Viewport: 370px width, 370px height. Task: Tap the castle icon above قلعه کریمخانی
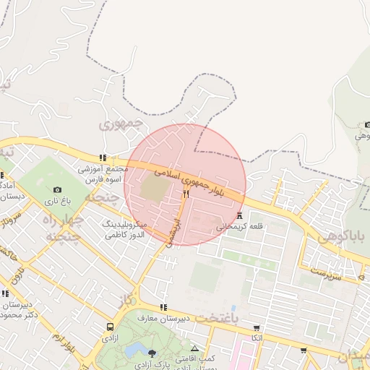click(239, 215)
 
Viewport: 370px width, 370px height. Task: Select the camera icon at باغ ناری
click(58, 189)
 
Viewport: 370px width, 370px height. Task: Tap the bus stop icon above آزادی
click(110, 327)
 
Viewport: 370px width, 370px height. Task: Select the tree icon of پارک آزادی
click(152, 353)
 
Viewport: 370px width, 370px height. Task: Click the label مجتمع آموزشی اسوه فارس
click(103, 173)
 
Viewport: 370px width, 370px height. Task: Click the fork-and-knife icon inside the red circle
click(186, 194)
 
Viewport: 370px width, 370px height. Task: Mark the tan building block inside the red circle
click(154, 187)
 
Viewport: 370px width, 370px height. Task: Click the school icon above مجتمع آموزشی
click(103, 157)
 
